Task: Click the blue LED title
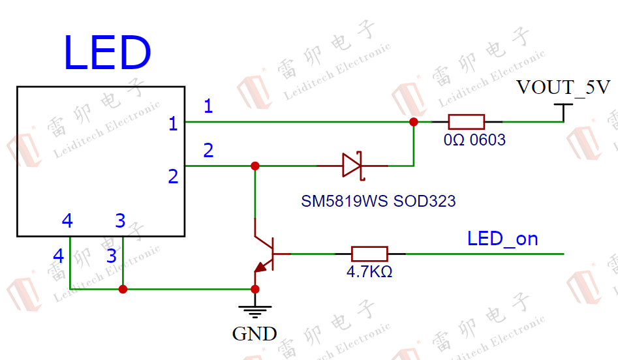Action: coord(107,53)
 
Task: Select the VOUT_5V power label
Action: coord(563,87)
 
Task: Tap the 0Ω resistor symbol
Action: coord(467,122)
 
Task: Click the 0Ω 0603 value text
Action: coord(474,140)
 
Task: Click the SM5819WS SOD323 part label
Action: coord(379,202)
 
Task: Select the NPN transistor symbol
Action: coord(268,254)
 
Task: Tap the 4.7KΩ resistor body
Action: coord(370,254)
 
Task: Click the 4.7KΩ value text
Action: coord(369,272)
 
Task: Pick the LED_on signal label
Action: coord(502,239)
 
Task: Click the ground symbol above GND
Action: coord(255,310)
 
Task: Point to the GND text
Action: coord(255,334)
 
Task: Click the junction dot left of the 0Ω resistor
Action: coord(414,122)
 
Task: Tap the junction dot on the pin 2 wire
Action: coord(255,166)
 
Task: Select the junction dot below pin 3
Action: coord(123,290)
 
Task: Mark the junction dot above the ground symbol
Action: coord(255,290)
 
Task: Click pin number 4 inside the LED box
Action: coord(67,220)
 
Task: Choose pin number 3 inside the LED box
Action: coord(120,220)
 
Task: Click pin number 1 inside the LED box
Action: coord(173,124)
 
